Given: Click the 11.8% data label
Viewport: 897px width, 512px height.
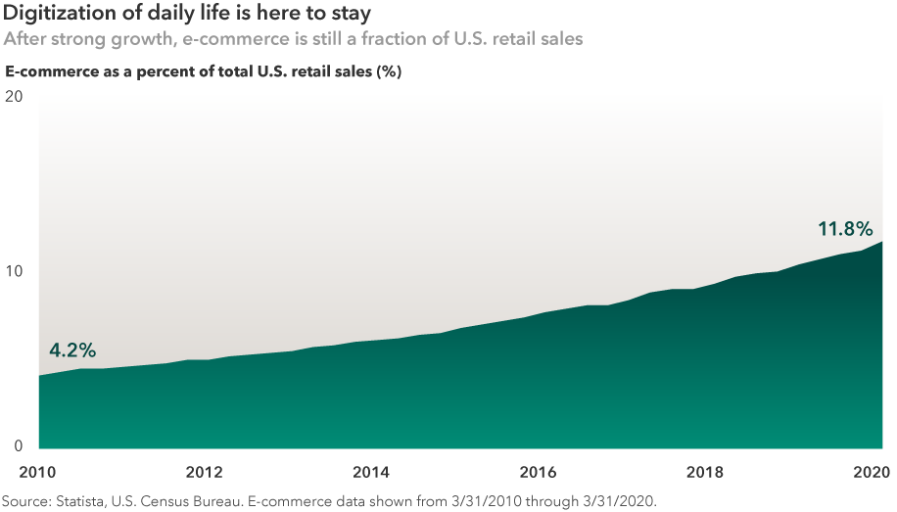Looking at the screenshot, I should (844, 229).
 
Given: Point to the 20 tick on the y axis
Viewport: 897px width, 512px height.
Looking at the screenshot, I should (14, 97).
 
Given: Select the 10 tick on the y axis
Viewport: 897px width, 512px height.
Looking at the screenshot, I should (14, 271).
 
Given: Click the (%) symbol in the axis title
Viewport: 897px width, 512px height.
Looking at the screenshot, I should (389, 71).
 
